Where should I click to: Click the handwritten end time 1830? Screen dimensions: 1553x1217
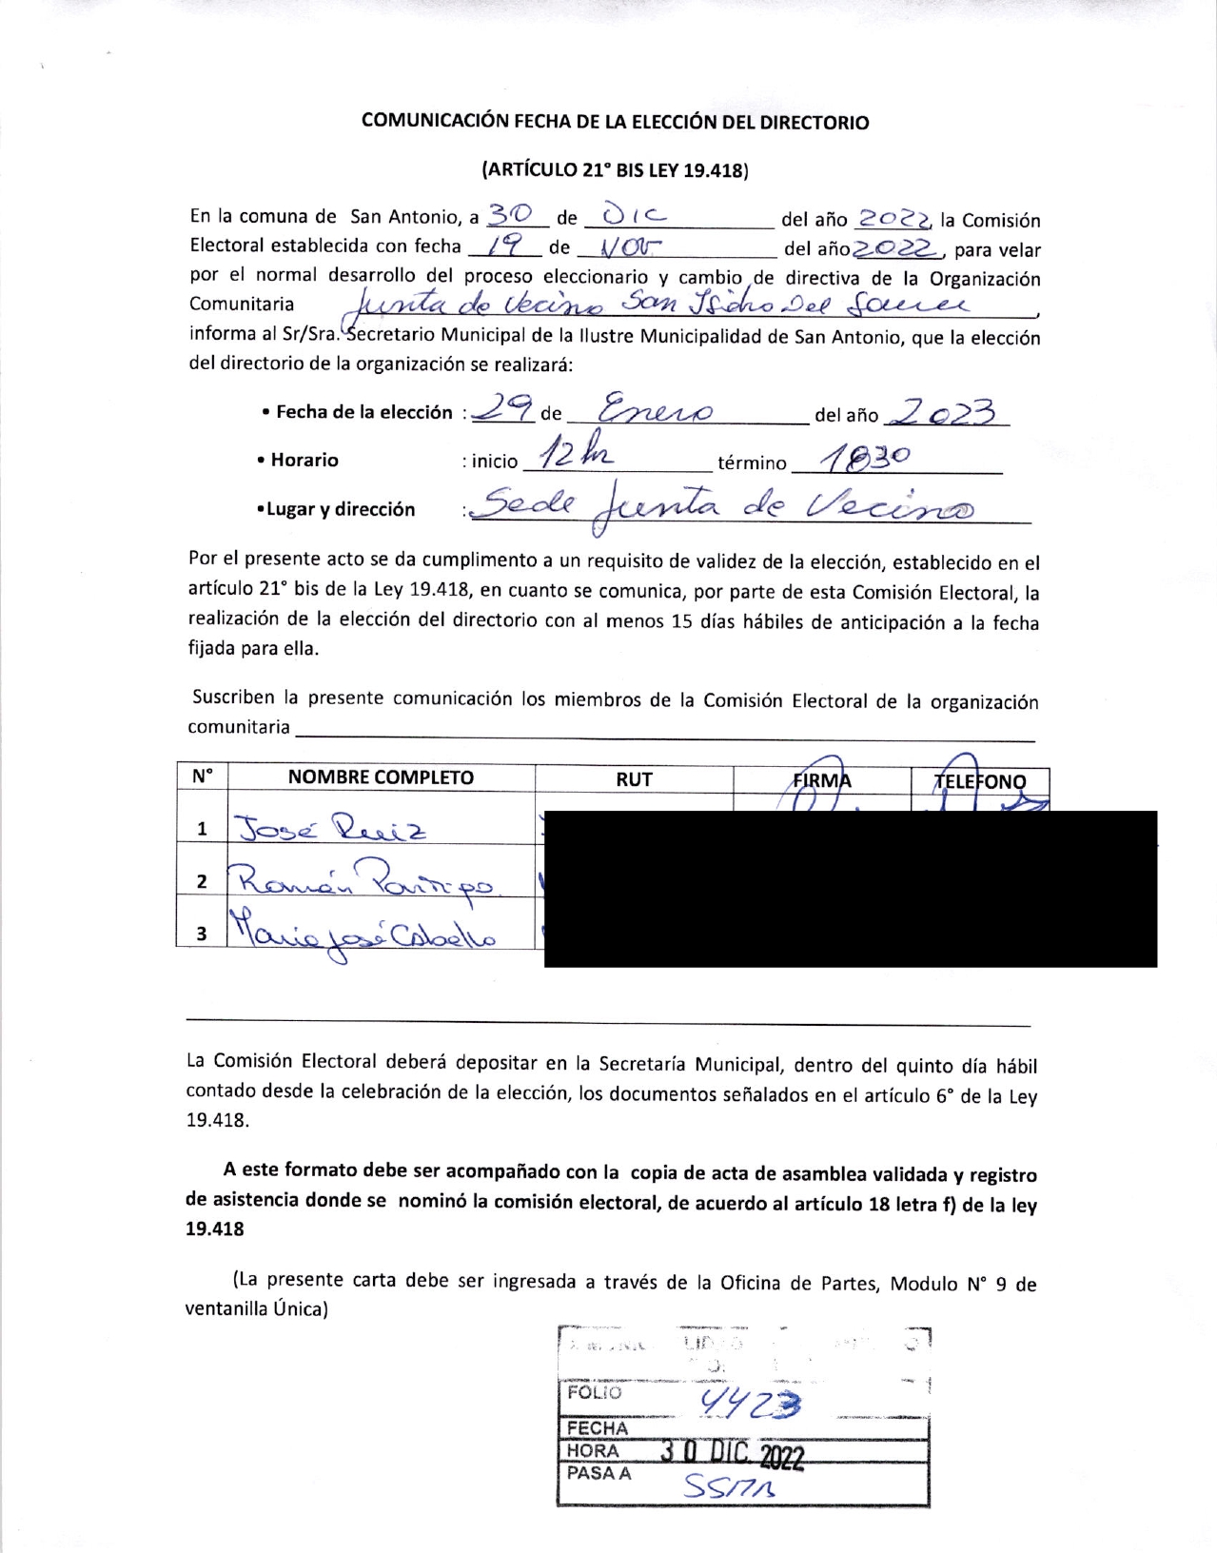(866, 459)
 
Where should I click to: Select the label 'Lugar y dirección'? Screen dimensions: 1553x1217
(341, 509)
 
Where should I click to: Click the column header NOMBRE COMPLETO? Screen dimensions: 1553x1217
(381, 777)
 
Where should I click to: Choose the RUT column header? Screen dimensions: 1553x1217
(634, 779)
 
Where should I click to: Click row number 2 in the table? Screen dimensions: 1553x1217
(202, 881)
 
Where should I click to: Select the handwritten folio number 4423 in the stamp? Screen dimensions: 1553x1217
(749, 1401)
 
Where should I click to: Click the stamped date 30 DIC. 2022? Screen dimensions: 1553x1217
(733, 1454)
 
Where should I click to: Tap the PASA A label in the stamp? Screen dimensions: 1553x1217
(599, 1473)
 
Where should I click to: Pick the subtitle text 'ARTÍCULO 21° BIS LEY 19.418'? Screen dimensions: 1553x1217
(615, 171)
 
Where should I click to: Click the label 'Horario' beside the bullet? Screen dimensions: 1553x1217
(304, 460)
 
